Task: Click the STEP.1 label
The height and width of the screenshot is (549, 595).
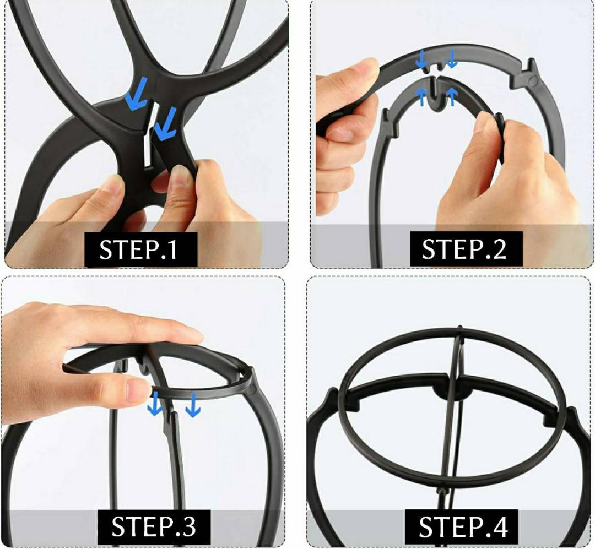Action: point(138,249)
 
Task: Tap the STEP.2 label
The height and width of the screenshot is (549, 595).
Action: point(464,249)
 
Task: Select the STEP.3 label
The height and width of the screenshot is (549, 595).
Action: point(154,526)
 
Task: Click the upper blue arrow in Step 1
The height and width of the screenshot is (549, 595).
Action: point(135,93)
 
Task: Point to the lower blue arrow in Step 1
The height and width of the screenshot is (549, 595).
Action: point(166,124)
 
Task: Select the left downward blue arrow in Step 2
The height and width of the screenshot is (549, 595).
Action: point(421,59)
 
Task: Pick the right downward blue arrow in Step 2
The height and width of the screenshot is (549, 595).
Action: point(452,59)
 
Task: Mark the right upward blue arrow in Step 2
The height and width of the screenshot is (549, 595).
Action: point(452,96)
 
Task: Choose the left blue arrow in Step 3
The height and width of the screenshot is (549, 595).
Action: point(154,404)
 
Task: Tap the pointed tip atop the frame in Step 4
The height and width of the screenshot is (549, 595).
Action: point(460,327)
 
